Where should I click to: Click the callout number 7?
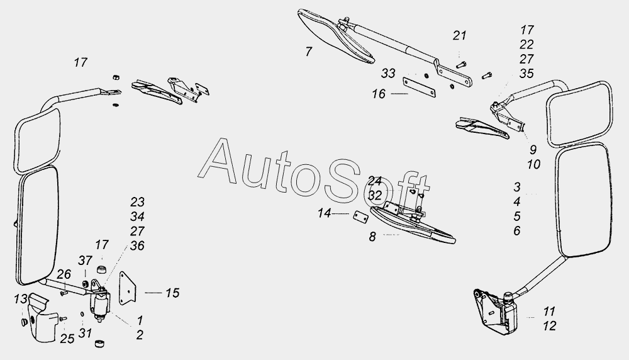(x=308, y=52)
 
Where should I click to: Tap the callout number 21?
(x=460, y=36)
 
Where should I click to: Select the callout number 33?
(x=388, y=74)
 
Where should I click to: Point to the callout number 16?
(x=379, y=94)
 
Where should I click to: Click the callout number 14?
(x=324, y=213)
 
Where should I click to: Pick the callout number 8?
(x=372, y=237)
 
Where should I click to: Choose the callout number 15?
(x=172, y=293)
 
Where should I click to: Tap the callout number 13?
(x=21, y=299)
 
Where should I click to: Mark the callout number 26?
(x=64, y=274)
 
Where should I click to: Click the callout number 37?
(x=85, y=261)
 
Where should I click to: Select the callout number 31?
(x=85, y=333)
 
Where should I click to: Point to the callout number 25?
(x=67, y=339)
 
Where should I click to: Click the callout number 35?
(x=526, y=74)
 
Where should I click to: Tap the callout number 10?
(x=534, y=164)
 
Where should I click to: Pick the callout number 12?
(x=550, y=326)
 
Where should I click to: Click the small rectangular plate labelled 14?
(x=360, y=217)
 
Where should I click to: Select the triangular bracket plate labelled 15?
(x=128, y=288)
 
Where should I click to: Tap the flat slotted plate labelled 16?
(x=420, y=87)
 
